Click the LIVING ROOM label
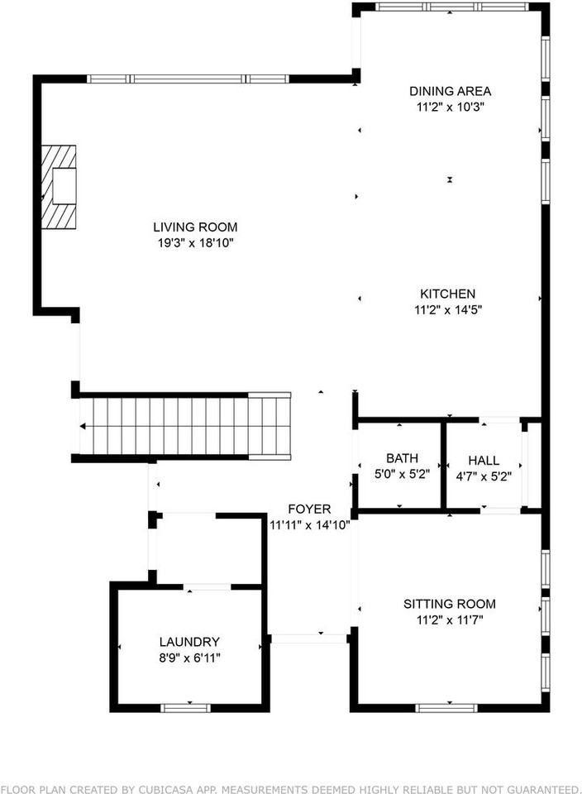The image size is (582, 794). click(x=195, y=227)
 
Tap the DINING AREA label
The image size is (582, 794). click(x=451, y=91)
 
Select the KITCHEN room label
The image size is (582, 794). click(x=447, y=294)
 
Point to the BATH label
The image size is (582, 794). click(x=402, y=458)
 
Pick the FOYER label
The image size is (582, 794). click(x=309, y=509)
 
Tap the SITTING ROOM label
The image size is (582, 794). click(x=449, y=604)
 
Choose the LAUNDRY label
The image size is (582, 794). click(x=189, y=642)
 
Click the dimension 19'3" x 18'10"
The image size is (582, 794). click(x=195, y=242)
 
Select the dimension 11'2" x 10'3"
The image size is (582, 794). click(x=451, y=107)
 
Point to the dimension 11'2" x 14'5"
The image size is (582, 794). click(x=447, y=309)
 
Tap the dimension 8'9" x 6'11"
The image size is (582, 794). click(x=189, y=658)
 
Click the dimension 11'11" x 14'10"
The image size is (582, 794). click(x=309, y=524)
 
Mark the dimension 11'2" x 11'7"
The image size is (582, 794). click(x=449, y=619)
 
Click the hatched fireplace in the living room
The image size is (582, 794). click(x=60, y=186)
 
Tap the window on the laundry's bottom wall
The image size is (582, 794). click(x=185, y=707)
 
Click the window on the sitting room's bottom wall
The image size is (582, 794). click(x=446, y=707)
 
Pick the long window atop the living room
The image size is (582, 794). click(x=188, y=79)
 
